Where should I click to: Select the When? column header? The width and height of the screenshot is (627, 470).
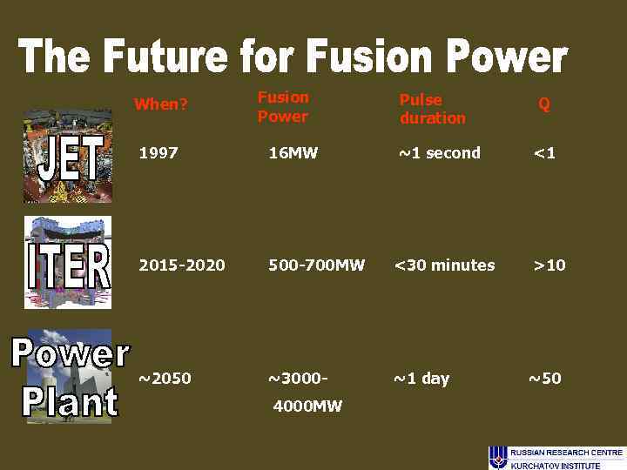(161, 104)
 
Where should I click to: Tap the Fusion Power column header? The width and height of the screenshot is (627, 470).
(283, 107)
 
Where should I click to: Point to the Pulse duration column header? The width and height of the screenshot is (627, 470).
(432, 109)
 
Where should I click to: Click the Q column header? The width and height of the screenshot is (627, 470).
(544, 104)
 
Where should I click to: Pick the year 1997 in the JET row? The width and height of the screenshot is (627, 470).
(158, 153)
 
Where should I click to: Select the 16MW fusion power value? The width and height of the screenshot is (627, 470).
(293, 153)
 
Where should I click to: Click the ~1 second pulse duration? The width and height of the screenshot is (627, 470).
(439, 153)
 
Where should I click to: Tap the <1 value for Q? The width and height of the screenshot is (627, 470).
(544, 153)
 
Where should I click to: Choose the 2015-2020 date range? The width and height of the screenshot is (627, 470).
(182, 265)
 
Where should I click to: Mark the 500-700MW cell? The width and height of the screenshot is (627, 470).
(316, 265)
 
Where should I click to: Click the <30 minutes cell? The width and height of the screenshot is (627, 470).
(444, 265)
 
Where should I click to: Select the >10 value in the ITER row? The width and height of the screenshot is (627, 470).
(549, 265)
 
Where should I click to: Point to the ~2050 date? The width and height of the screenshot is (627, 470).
(165, 379)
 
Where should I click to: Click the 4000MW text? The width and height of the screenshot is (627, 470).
(307, 406)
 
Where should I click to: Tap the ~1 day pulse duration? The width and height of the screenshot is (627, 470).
(421, 379)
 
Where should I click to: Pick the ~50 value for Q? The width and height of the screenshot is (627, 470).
(545, 379)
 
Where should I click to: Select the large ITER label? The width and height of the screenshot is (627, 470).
(68, 266)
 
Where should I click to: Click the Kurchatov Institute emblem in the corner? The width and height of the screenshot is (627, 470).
(497, 457)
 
